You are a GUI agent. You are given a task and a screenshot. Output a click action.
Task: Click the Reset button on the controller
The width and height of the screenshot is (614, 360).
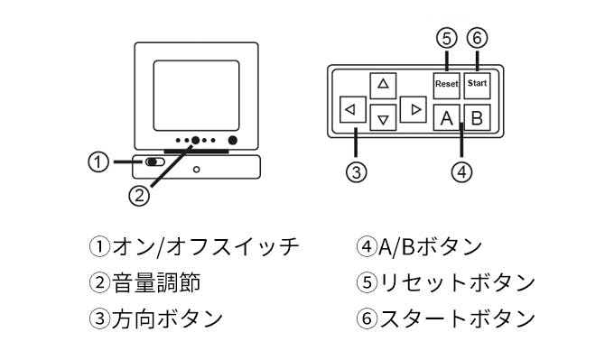point(446,86)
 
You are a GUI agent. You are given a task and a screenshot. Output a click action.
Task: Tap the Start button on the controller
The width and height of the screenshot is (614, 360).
point(477,86)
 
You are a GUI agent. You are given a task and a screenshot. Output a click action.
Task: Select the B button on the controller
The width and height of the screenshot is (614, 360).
point(477,117)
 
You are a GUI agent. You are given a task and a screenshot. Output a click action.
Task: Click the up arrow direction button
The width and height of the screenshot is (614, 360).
point(383,86)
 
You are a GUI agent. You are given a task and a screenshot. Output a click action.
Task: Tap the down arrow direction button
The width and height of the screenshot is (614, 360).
point(383,117)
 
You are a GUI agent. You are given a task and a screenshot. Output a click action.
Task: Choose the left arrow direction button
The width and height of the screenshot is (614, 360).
point(353,109)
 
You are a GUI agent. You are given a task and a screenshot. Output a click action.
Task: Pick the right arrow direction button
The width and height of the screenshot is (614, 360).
point(414,109)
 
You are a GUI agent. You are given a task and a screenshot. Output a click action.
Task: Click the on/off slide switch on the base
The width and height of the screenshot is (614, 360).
point(154,162)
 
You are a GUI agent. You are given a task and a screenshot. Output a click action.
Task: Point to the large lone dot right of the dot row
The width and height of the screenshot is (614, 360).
point(233,140)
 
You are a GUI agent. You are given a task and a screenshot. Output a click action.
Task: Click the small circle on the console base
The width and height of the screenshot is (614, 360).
point(197,170)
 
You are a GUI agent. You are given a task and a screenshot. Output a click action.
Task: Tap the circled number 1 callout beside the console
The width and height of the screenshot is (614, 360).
point(98,162)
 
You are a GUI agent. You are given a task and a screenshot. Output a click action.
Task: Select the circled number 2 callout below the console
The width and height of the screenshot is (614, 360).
point(139,195)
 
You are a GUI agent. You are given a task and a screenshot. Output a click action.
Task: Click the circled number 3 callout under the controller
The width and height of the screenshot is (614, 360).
point(356,171)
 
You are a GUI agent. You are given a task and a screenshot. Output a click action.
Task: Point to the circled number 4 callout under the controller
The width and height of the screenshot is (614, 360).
point(461,171)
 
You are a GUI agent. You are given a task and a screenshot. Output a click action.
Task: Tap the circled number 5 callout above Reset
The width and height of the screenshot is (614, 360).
point(447,39)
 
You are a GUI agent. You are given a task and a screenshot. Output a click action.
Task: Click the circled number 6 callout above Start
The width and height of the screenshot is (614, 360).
point(477,39)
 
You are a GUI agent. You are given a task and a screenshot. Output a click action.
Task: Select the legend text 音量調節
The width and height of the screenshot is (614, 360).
point(156,282)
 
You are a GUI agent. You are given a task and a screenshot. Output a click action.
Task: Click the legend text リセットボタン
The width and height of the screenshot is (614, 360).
point(457,282)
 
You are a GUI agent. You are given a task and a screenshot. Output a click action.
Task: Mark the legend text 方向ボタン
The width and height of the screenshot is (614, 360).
point(168,318)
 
